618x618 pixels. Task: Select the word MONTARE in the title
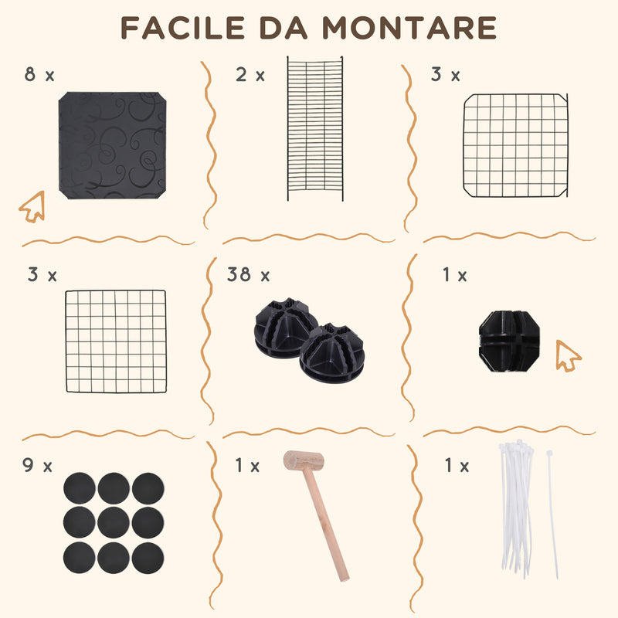(409, 28)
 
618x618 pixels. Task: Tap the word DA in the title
(283, 28)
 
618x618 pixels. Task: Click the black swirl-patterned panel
(112, 145)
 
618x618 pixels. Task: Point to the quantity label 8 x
(39, 74)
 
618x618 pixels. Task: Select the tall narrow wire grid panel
(315, 128)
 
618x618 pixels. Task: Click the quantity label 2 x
(250, 74)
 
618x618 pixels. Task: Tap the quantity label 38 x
(248, 274)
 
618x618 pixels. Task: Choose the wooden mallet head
(304, 460)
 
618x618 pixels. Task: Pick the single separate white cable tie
(552, 514)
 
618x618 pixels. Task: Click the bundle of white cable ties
(517, 508)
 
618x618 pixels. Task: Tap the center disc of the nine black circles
(114, 523)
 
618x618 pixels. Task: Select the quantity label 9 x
(37, 466)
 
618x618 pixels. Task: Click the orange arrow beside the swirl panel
(32, 206)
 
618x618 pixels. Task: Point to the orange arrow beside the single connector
(568, 356)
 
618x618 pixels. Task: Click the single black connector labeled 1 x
(509, 341)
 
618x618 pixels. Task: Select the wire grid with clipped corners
(516, 145)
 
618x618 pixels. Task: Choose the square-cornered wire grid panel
(116, 341)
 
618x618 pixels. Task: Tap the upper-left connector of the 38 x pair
(284, 328)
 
